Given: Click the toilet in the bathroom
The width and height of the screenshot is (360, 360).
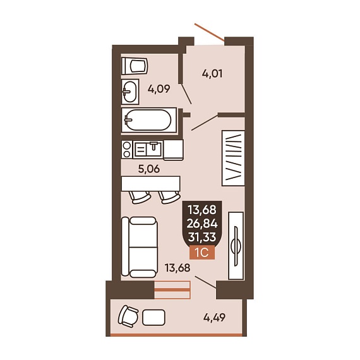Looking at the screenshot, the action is [x=135, y=66].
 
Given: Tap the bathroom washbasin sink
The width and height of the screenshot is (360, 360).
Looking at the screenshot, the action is [x=130, y=92].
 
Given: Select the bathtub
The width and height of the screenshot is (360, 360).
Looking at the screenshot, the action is [x=149, y=120].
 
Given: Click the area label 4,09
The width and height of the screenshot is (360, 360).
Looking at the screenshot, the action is [x=159, y=89].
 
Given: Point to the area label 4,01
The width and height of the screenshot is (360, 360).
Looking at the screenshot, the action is [x=212, y=74].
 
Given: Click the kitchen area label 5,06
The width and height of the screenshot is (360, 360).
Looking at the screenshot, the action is [x=149, y=169].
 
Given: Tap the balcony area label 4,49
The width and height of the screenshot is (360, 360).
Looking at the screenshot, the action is [x=215, y=318].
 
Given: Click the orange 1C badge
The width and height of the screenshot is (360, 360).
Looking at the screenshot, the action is [x=202, y=253].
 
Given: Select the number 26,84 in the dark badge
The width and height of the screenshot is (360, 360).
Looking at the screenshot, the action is [x=202, y=224].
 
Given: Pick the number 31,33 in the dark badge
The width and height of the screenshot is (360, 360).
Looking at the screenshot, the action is [x=202, y=237].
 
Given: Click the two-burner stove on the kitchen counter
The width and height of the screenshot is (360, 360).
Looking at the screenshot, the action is [x=127, y=150].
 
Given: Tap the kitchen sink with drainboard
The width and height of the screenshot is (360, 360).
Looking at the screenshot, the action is [x=148, y=149].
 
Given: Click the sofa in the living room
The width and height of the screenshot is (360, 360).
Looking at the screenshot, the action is [x=140, y=247].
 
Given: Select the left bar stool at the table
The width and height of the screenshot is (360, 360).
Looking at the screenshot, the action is [x=140, y=198].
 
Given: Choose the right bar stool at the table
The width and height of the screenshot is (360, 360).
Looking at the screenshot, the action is [x=169, y=198].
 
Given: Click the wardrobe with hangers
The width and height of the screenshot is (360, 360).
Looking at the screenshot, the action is [x=233, y=158].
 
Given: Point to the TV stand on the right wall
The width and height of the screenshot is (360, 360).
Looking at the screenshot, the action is [x=236, y=246].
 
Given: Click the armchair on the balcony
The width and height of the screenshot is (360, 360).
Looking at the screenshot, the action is [x=128, y=316].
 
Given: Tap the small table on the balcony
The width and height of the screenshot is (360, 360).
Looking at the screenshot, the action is [x=153, y=318].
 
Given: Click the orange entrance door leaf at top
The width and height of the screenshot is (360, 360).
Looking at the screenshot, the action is [x=209, y=32].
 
